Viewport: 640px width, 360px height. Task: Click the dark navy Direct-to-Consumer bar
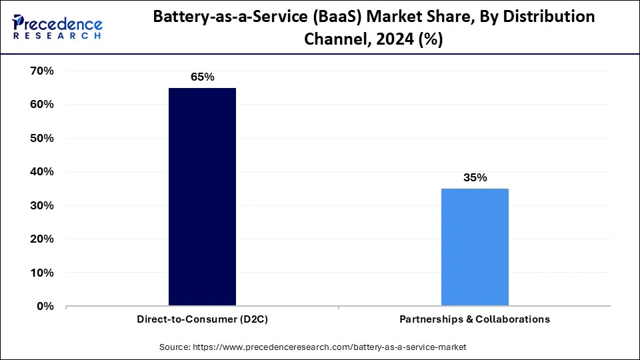(x=202, y=197)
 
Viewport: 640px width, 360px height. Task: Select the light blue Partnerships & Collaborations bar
(x=475, y=247)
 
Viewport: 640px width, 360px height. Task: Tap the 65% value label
(x=202, y=77)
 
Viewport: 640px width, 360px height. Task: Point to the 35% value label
(x=475, y=177)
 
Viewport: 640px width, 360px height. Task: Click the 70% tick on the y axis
(x=41, y=71)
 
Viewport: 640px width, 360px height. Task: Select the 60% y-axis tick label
(x=41, y=105)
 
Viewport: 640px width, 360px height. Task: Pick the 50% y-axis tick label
(x=41, y=138)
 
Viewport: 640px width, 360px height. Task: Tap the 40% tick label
(x=41, y=172)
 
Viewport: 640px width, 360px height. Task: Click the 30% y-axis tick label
(x=41, y=205)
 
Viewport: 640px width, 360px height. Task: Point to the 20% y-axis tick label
(x=41, y=239)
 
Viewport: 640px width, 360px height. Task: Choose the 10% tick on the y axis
(x=41, y=273)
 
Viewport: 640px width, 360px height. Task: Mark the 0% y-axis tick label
(x=45, y=307)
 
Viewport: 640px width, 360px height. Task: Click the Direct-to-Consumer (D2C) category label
(x=202, y=319)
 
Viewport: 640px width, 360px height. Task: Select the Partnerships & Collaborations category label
(x=475, y=319)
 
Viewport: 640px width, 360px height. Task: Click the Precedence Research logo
(x=57, y=27)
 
